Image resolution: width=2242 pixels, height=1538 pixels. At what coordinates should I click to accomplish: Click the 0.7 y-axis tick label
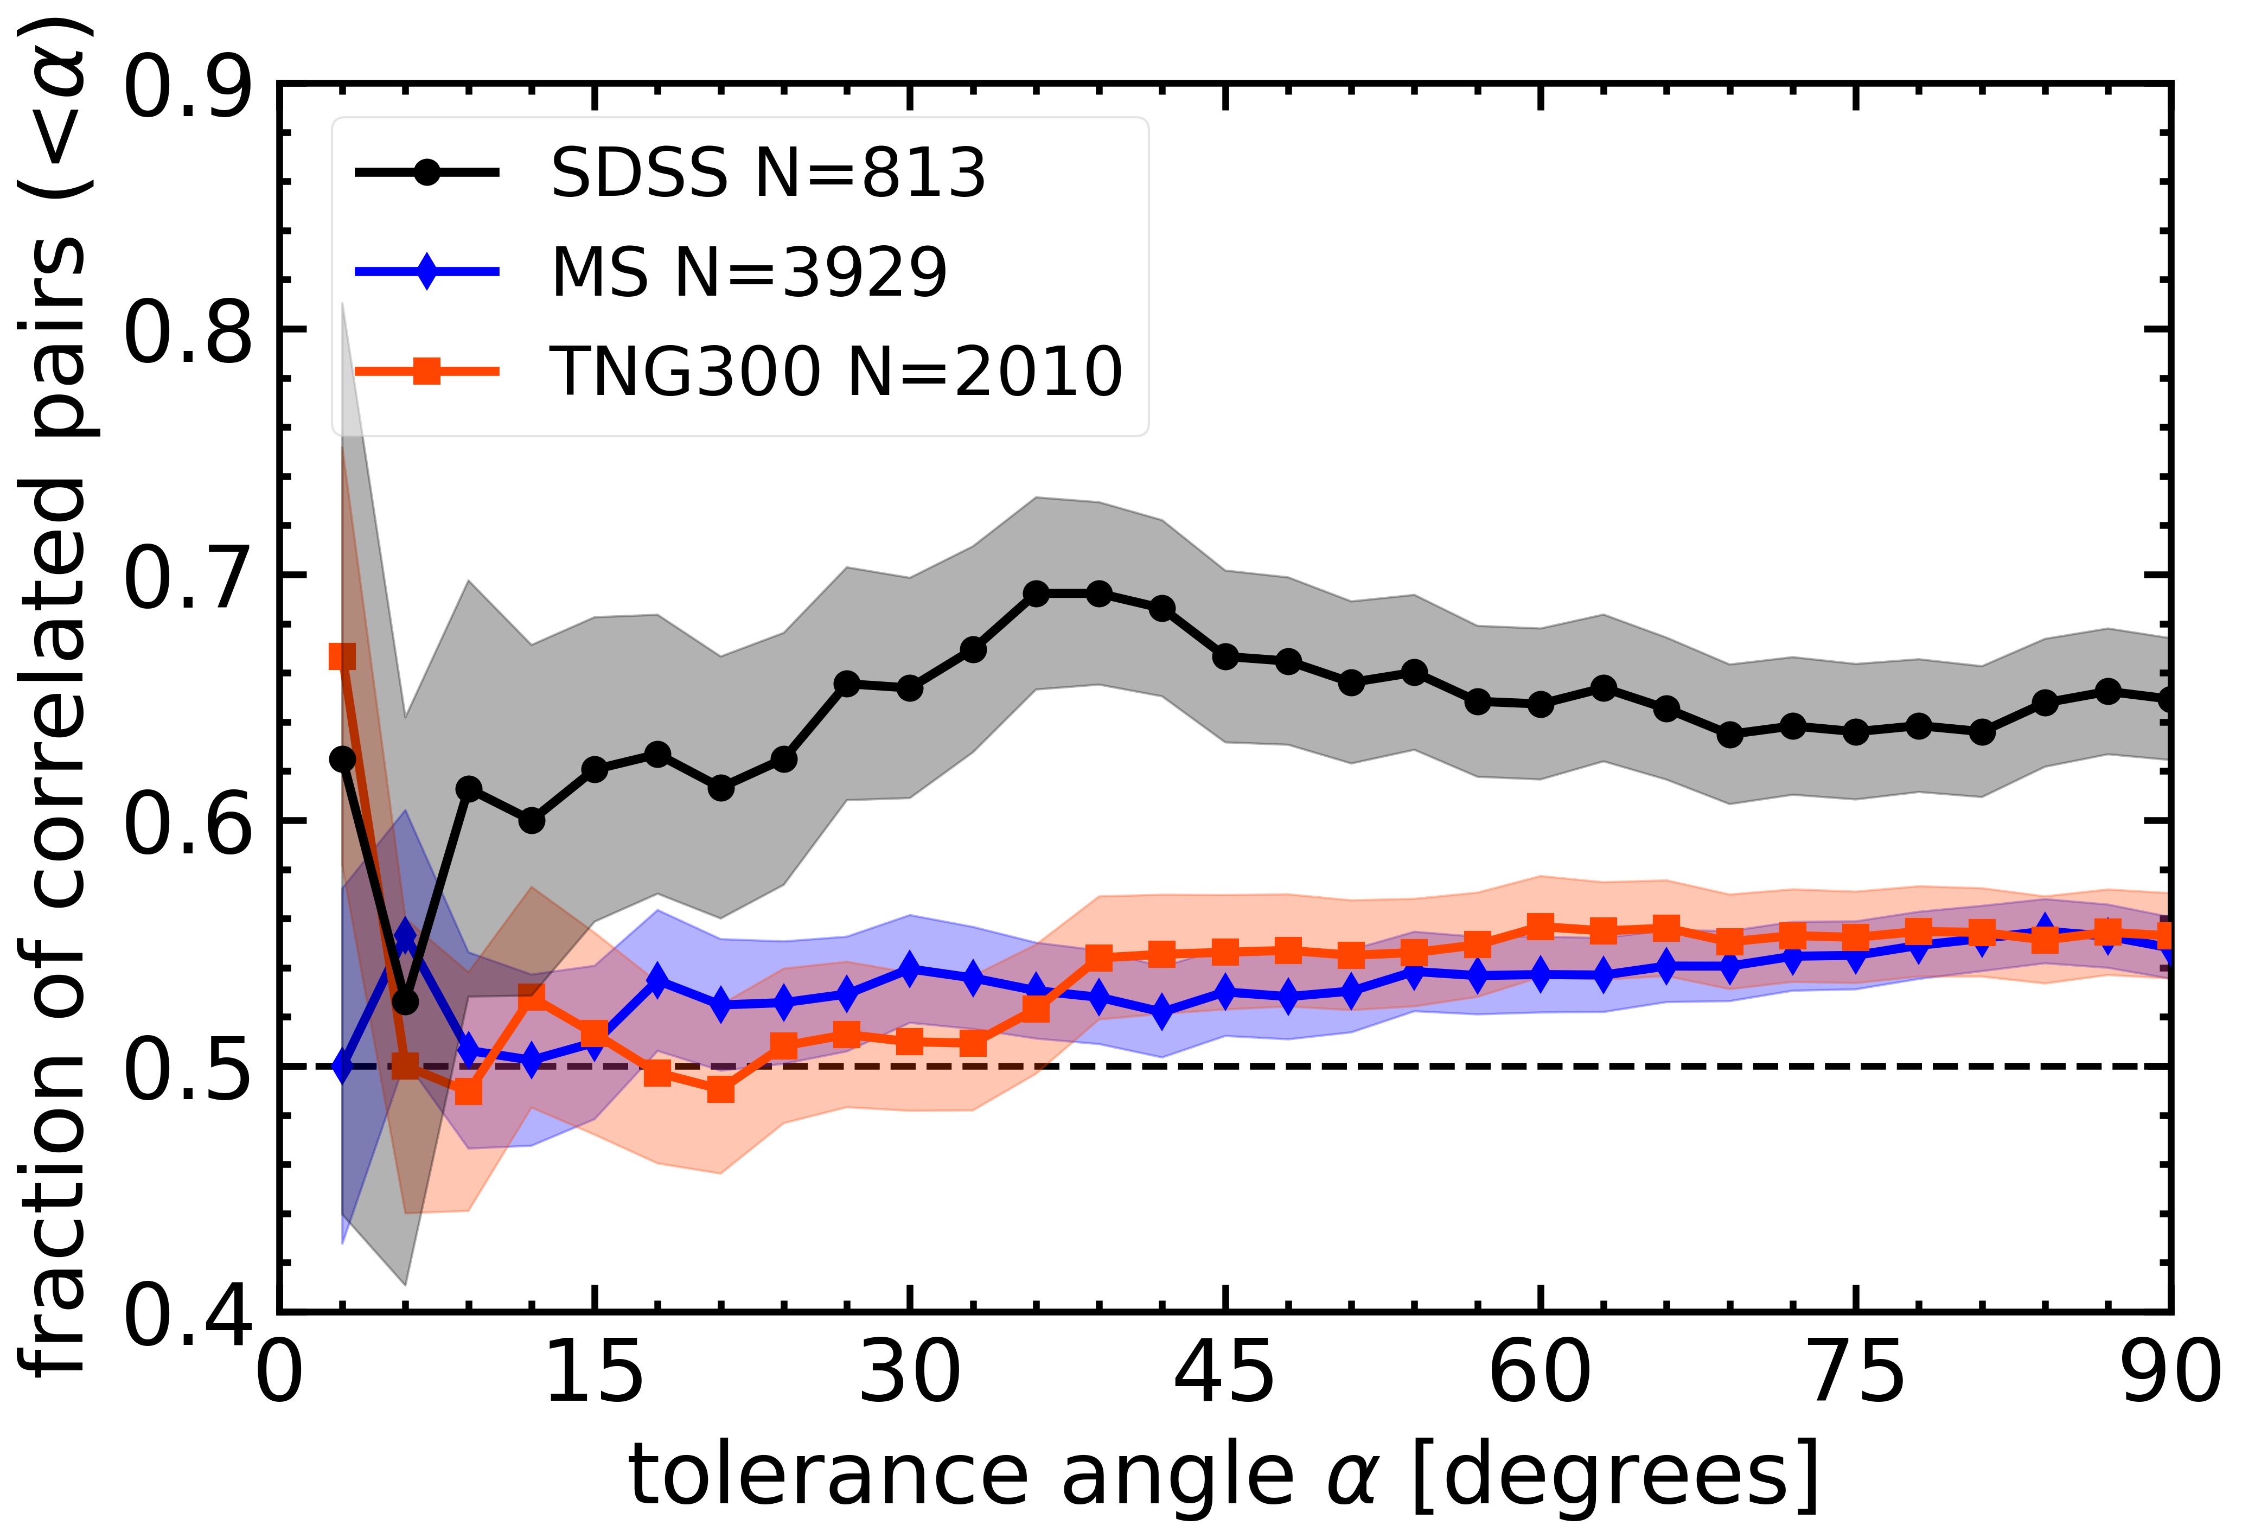point(188,579)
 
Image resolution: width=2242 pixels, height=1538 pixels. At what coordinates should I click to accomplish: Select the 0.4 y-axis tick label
point(188,1317)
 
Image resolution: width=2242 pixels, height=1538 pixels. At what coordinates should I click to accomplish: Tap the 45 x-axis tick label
point(1225,1375)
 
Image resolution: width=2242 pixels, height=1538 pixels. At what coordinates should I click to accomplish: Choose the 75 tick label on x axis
point(1856,1375)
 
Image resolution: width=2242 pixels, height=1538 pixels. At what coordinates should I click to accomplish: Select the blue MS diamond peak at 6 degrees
point(405,936)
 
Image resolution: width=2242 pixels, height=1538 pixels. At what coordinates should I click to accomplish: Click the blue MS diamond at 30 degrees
point(910,969)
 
